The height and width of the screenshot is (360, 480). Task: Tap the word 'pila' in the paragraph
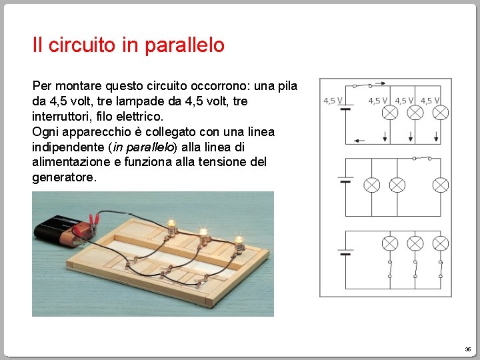click(x=285, y=87)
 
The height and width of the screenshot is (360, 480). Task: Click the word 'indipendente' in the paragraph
click(x=63, y=147)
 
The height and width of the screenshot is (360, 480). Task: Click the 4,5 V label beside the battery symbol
click(x=333, y=101)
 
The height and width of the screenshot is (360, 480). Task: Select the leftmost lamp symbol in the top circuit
click(x=389, y=112)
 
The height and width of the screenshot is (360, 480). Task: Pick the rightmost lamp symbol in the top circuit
click(x=440, y=112)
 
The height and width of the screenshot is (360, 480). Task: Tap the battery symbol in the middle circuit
click(x=345, y=180)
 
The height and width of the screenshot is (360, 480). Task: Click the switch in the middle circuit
click(x=421, y=158)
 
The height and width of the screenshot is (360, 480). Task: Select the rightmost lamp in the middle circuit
click(x=440, y=185)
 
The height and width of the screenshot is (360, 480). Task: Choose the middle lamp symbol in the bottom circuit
click(x=415, y=243)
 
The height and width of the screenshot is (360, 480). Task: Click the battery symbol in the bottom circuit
click(x=345, y=253)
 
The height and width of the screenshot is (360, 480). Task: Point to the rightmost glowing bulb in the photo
click(x=238, y=241)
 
